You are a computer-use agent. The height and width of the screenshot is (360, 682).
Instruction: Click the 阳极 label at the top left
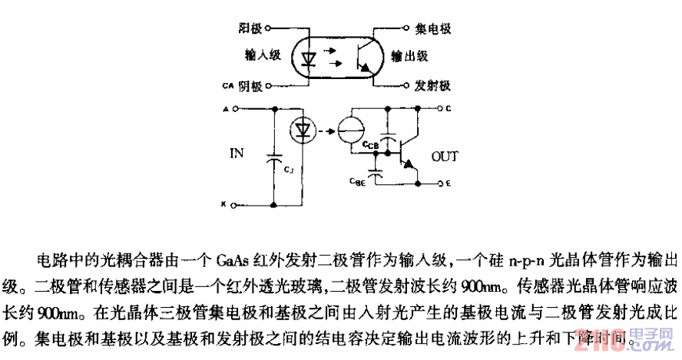coord(250,28)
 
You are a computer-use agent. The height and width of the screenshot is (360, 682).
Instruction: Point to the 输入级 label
coord(257,55)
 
